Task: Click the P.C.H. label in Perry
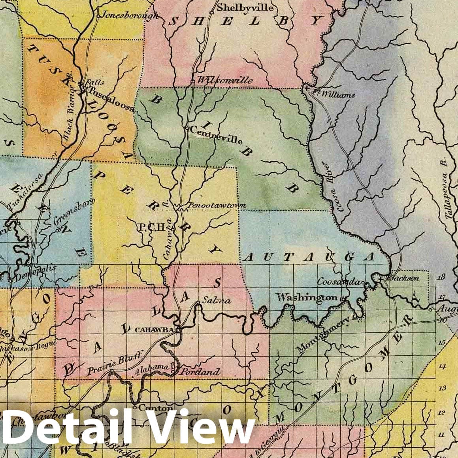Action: point(150,227)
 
